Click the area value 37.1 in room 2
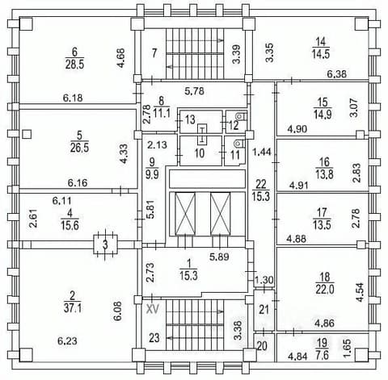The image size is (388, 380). click(x=73, y=308)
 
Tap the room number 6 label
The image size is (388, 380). click(x=74, y=52)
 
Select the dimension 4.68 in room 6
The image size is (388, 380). click(x=121, y=58)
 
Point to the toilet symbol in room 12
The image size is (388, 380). click(x=239, y=116)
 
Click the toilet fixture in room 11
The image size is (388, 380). click(x=238, y=143)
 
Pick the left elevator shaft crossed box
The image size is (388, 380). click(x=185, y=214)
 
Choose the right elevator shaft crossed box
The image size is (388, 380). click(x=221, y=214)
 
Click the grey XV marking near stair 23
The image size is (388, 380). click(x=152, y=310)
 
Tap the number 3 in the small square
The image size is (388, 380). click(x=105, y=245)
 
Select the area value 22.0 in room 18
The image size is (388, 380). click(x=325, y=290)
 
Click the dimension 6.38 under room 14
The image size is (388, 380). click(x=336, y=73)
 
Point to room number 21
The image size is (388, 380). click(x=264, y=310)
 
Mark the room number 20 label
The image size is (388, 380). click(x=262, y=346)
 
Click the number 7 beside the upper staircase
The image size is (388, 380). click(x=154, y=53)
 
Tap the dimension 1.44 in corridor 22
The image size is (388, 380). click(x=262, y=152)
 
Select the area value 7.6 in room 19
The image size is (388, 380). click(x=322, y=356)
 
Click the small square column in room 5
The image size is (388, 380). click(x=27, y=134)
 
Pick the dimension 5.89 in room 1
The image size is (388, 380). click(x=219, y=257)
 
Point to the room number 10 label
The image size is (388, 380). click(x=200, y=153)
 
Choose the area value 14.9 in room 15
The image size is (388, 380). click(x=323, y=115)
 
